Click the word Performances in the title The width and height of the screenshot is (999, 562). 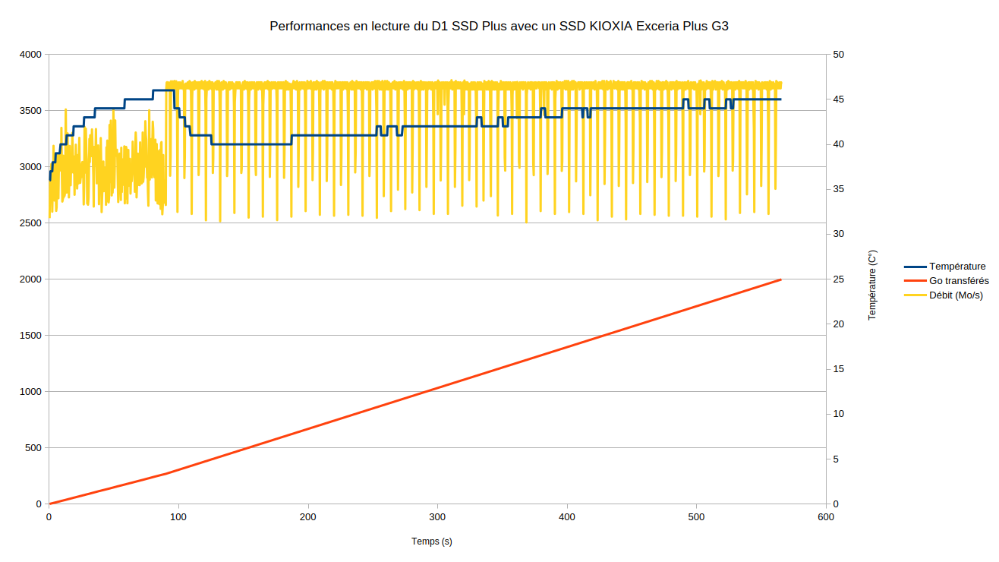pyautogui.click(x=306, y=26)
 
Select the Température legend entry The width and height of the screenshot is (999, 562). pyautogui.click(x=957, y=267)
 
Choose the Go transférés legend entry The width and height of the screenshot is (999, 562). pyautogui.click(x=959, y=281)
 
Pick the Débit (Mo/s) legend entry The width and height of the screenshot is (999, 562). pyautogui.click(x=956, y=295)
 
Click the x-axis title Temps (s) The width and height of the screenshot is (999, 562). pyautogui.click(x=432, y=541)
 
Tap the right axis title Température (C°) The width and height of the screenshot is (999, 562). pyautogui.click(x=872, y=285)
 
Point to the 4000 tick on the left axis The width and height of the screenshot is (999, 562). pyautogui.click(x=30, y=55)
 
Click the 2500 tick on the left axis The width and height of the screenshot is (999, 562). pyautogui.click(x=30, y=223)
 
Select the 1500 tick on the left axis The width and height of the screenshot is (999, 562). pyautogui.click(x=30, y=336)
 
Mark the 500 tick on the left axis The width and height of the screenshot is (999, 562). pyautogui.click(x=33, y=448)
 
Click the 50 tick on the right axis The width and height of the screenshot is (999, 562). pyautogui.click(x=838, y=55)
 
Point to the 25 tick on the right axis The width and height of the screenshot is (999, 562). pyautogui.click(x=838, y=279)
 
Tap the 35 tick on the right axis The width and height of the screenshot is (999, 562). pyautogui.click(x=838, y=189)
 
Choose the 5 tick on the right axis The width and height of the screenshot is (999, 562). pyautogui.click(x=835, y=459)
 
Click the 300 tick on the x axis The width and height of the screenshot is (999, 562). pyautogui.click(x=437, y=517)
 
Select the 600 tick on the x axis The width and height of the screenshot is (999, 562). pyautogui.click(x=826, y=517)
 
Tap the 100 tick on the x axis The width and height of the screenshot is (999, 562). pyautogui.click(x=178, y=517)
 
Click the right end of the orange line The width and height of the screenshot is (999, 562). pyautogui.click(x=781, y=279)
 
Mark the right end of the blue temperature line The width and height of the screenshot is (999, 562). pyautogui.click(x=780, y=99)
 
